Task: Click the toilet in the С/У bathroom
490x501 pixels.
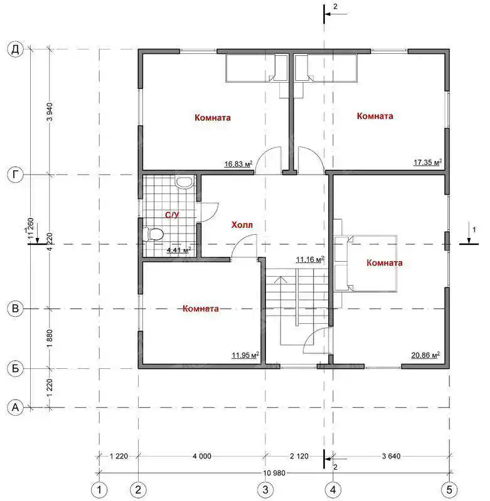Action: (153, 234)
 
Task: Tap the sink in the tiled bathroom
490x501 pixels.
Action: (184, 182)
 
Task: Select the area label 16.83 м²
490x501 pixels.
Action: (238, 164)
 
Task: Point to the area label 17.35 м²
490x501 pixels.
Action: (428, 162)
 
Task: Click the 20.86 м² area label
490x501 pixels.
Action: (425, 355)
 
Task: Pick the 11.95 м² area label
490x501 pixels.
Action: (245, 355)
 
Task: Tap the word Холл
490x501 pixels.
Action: (242, 225)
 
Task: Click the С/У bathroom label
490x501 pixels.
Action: (172, 215)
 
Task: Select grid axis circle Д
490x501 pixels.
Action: (15, 49)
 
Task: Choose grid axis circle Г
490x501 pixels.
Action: (15, 175)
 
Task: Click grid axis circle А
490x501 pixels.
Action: (15, 408)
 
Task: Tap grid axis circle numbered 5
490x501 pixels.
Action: (449, 490)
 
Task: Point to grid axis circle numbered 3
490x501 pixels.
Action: (265, 490)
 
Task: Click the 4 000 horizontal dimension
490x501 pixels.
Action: (202, 457)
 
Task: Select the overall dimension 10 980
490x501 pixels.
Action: (274, 473)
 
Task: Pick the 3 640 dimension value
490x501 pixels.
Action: (391, 457)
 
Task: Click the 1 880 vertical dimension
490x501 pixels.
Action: (50, 339)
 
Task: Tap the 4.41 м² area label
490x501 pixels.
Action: (179, 250)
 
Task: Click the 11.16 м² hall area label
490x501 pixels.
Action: (310, 259)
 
